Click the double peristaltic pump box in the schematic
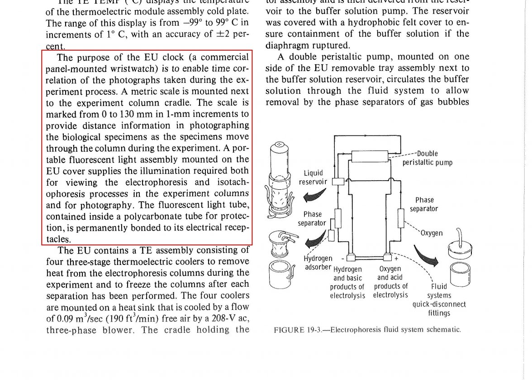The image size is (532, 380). pyautogui.click(x=369, y=156)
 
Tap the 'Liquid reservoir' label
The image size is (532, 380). pyautogui.click(x=313, y=177)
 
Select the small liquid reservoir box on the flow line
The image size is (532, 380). pyautogui.click(x=338, y=182)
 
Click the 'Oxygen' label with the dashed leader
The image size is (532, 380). pyautogui.click(x=432, y=234)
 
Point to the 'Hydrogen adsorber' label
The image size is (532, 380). pyautogui.click(x=318, y=263)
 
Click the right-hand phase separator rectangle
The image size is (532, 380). pyautogui.click(x=400, y=218)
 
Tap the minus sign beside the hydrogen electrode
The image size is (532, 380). pyautogui.click(x=342, y=258)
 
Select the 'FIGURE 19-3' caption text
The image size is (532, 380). pyautogui.click(x=367, y=330)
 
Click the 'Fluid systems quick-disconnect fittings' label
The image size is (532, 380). pyautogui.click(x=439, y=299)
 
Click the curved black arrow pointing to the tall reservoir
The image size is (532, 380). pyautogui.click(x=315, y=195)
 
